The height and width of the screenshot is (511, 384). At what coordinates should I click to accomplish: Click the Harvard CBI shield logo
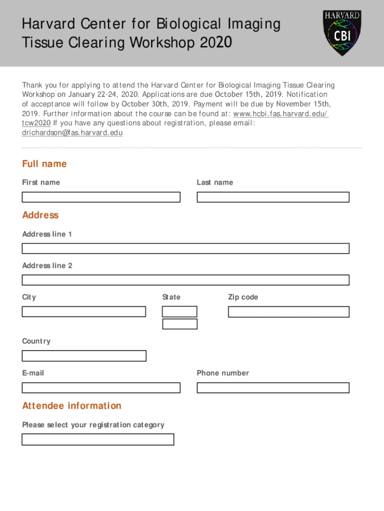pos(342,33)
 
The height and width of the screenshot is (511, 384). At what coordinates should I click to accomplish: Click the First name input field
pos(101,197)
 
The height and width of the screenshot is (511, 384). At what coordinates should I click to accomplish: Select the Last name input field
pos(273,197)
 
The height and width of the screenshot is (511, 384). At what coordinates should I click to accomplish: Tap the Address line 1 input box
pos(186,249)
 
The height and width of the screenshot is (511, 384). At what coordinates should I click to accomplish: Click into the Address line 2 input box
pos(186,280)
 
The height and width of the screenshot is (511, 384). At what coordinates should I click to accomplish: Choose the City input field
pos(84,312)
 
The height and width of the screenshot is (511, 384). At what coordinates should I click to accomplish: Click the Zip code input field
pos(289,312)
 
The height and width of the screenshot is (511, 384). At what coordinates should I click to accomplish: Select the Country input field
pos(84,356)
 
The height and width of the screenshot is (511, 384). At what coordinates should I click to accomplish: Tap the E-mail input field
pos(101,388)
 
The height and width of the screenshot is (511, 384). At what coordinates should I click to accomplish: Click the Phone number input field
pos(273,388)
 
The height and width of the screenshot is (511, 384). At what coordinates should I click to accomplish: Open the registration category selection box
pos(98,439)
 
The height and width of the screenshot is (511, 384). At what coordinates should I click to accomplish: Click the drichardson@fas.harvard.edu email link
pos(72,133)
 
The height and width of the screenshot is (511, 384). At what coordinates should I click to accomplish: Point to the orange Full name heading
pos(44,164)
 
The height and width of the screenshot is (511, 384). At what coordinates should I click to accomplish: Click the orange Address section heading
pos(40,215)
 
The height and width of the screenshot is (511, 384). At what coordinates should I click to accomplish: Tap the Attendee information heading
pos(72,406)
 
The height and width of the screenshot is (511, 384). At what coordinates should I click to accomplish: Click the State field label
pos(171,297)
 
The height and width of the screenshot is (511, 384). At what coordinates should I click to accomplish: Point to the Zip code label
pos(243,297)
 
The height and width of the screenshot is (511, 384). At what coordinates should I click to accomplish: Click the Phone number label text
pos(222,373)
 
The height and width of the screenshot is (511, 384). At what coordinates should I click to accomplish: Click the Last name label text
pos(214,183)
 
